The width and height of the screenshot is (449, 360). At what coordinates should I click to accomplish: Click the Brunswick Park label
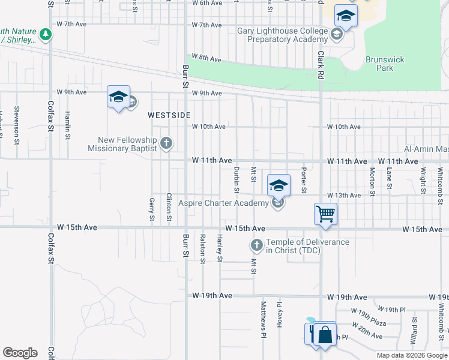coord(385,64)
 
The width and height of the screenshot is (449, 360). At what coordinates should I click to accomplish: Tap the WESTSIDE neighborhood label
coord(169,115)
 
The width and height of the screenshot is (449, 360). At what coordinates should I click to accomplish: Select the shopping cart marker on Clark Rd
coord(325,214)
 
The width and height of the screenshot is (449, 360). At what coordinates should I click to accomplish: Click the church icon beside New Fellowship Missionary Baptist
coord(166,143)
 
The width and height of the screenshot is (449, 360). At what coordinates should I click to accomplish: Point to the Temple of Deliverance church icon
coord(256,245)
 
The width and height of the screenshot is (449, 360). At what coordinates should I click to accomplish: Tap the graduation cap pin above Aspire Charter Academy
coord(279,185)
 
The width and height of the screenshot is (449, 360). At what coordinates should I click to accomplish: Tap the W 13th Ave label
coord(344,196)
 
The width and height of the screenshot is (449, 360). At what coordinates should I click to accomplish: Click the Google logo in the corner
coord(20,352)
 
